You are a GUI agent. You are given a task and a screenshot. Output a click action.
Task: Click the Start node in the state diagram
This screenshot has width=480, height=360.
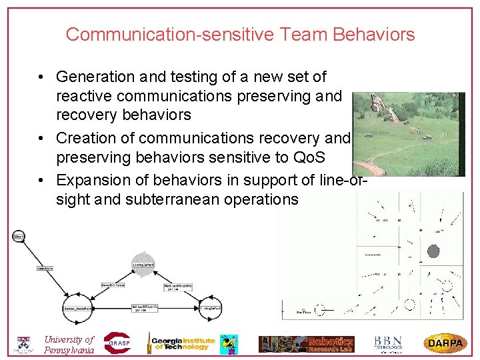[18, 236]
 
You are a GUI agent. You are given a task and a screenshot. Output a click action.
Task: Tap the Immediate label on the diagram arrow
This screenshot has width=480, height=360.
[45, 268]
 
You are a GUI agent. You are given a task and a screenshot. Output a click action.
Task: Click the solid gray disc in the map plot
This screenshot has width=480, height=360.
[433, 251]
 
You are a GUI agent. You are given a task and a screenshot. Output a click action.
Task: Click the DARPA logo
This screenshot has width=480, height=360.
[445, 343]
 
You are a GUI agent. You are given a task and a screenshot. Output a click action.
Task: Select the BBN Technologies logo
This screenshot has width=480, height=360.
[388, 343]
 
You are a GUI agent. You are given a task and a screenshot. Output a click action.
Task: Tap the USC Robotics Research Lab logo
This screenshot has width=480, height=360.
[307, 344]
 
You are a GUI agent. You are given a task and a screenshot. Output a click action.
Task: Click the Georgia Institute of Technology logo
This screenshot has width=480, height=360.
[183, 343]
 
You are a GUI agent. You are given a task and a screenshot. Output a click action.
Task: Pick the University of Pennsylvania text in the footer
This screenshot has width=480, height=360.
[69, 345]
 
